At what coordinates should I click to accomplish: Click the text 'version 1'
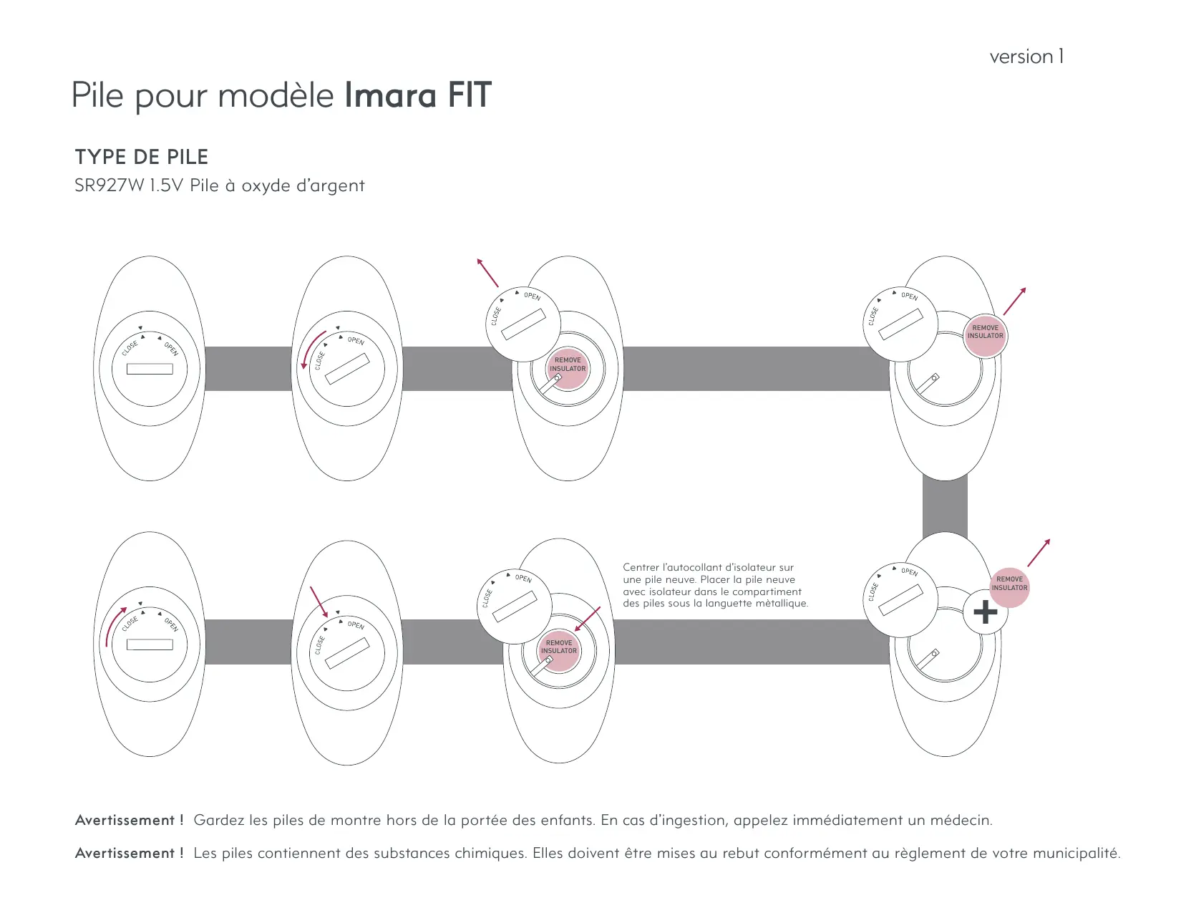[1026, 57]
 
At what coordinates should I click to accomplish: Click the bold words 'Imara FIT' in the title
[418, 95]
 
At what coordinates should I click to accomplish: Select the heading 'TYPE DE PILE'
[142, 157]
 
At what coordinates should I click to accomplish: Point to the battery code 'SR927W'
[109, 186]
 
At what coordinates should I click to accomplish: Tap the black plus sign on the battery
[985, 612]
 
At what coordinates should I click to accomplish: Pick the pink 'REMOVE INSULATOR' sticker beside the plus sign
[1009, 584]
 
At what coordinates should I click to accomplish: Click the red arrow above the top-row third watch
[488, 273]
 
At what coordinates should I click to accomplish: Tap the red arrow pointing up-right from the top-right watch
[1014, 301]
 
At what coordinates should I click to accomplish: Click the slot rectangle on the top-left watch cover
[150, 369]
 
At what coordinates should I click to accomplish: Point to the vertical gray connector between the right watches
[945, 506]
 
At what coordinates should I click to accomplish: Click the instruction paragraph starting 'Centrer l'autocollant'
[714, 586]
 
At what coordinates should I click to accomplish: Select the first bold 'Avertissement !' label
[129, 821]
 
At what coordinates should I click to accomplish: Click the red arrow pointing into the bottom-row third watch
[588, 619]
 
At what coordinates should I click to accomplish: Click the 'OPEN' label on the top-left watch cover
[171, 349]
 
